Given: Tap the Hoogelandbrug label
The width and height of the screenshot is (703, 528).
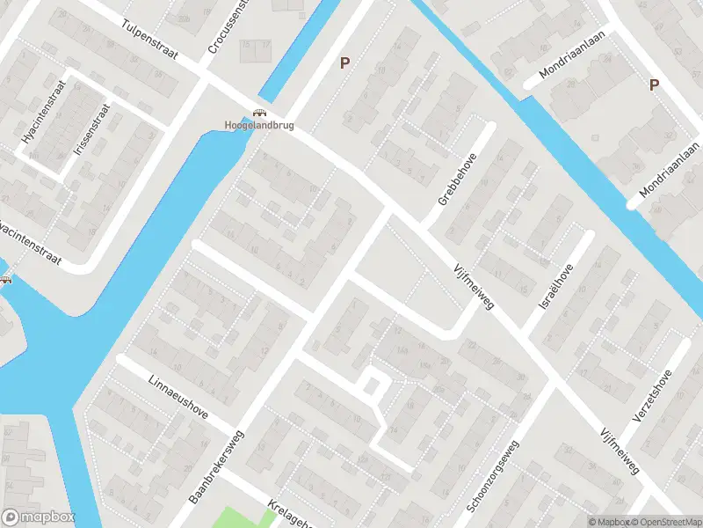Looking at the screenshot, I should click(x=258, y=125).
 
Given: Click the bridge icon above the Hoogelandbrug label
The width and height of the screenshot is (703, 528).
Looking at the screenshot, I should click(x=258, y=112).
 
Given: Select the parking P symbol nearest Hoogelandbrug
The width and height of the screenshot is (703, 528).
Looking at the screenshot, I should click(x=345, y=62).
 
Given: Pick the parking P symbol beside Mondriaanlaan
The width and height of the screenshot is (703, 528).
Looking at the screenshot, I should click(x=653, y=84).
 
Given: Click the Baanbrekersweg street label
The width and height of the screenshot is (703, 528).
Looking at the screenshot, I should click(x=219, y=466).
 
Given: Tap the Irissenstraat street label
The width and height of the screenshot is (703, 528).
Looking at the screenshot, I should click(x=91, y=130).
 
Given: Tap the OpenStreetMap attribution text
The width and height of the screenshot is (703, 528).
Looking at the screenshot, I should click(x=664, y=522).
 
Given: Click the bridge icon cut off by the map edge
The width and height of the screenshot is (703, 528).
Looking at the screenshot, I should click(x=5, y=280).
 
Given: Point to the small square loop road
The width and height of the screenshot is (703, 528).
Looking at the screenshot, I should click(x=373, y=385).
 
